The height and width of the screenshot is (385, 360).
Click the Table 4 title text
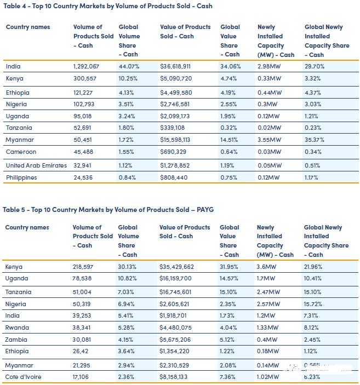(107, 6)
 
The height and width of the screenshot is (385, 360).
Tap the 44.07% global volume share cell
(129, 67)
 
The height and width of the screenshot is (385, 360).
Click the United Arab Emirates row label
(36, 165)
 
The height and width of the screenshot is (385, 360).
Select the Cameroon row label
(22, 153)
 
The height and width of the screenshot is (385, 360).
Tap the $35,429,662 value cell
(178, 267)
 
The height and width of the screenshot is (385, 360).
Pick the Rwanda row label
(17, 328)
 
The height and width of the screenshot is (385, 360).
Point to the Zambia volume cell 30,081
(84, 340)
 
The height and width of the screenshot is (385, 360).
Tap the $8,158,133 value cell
(176, 377)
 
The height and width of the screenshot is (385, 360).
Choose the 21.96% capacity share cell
(315, 267)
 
